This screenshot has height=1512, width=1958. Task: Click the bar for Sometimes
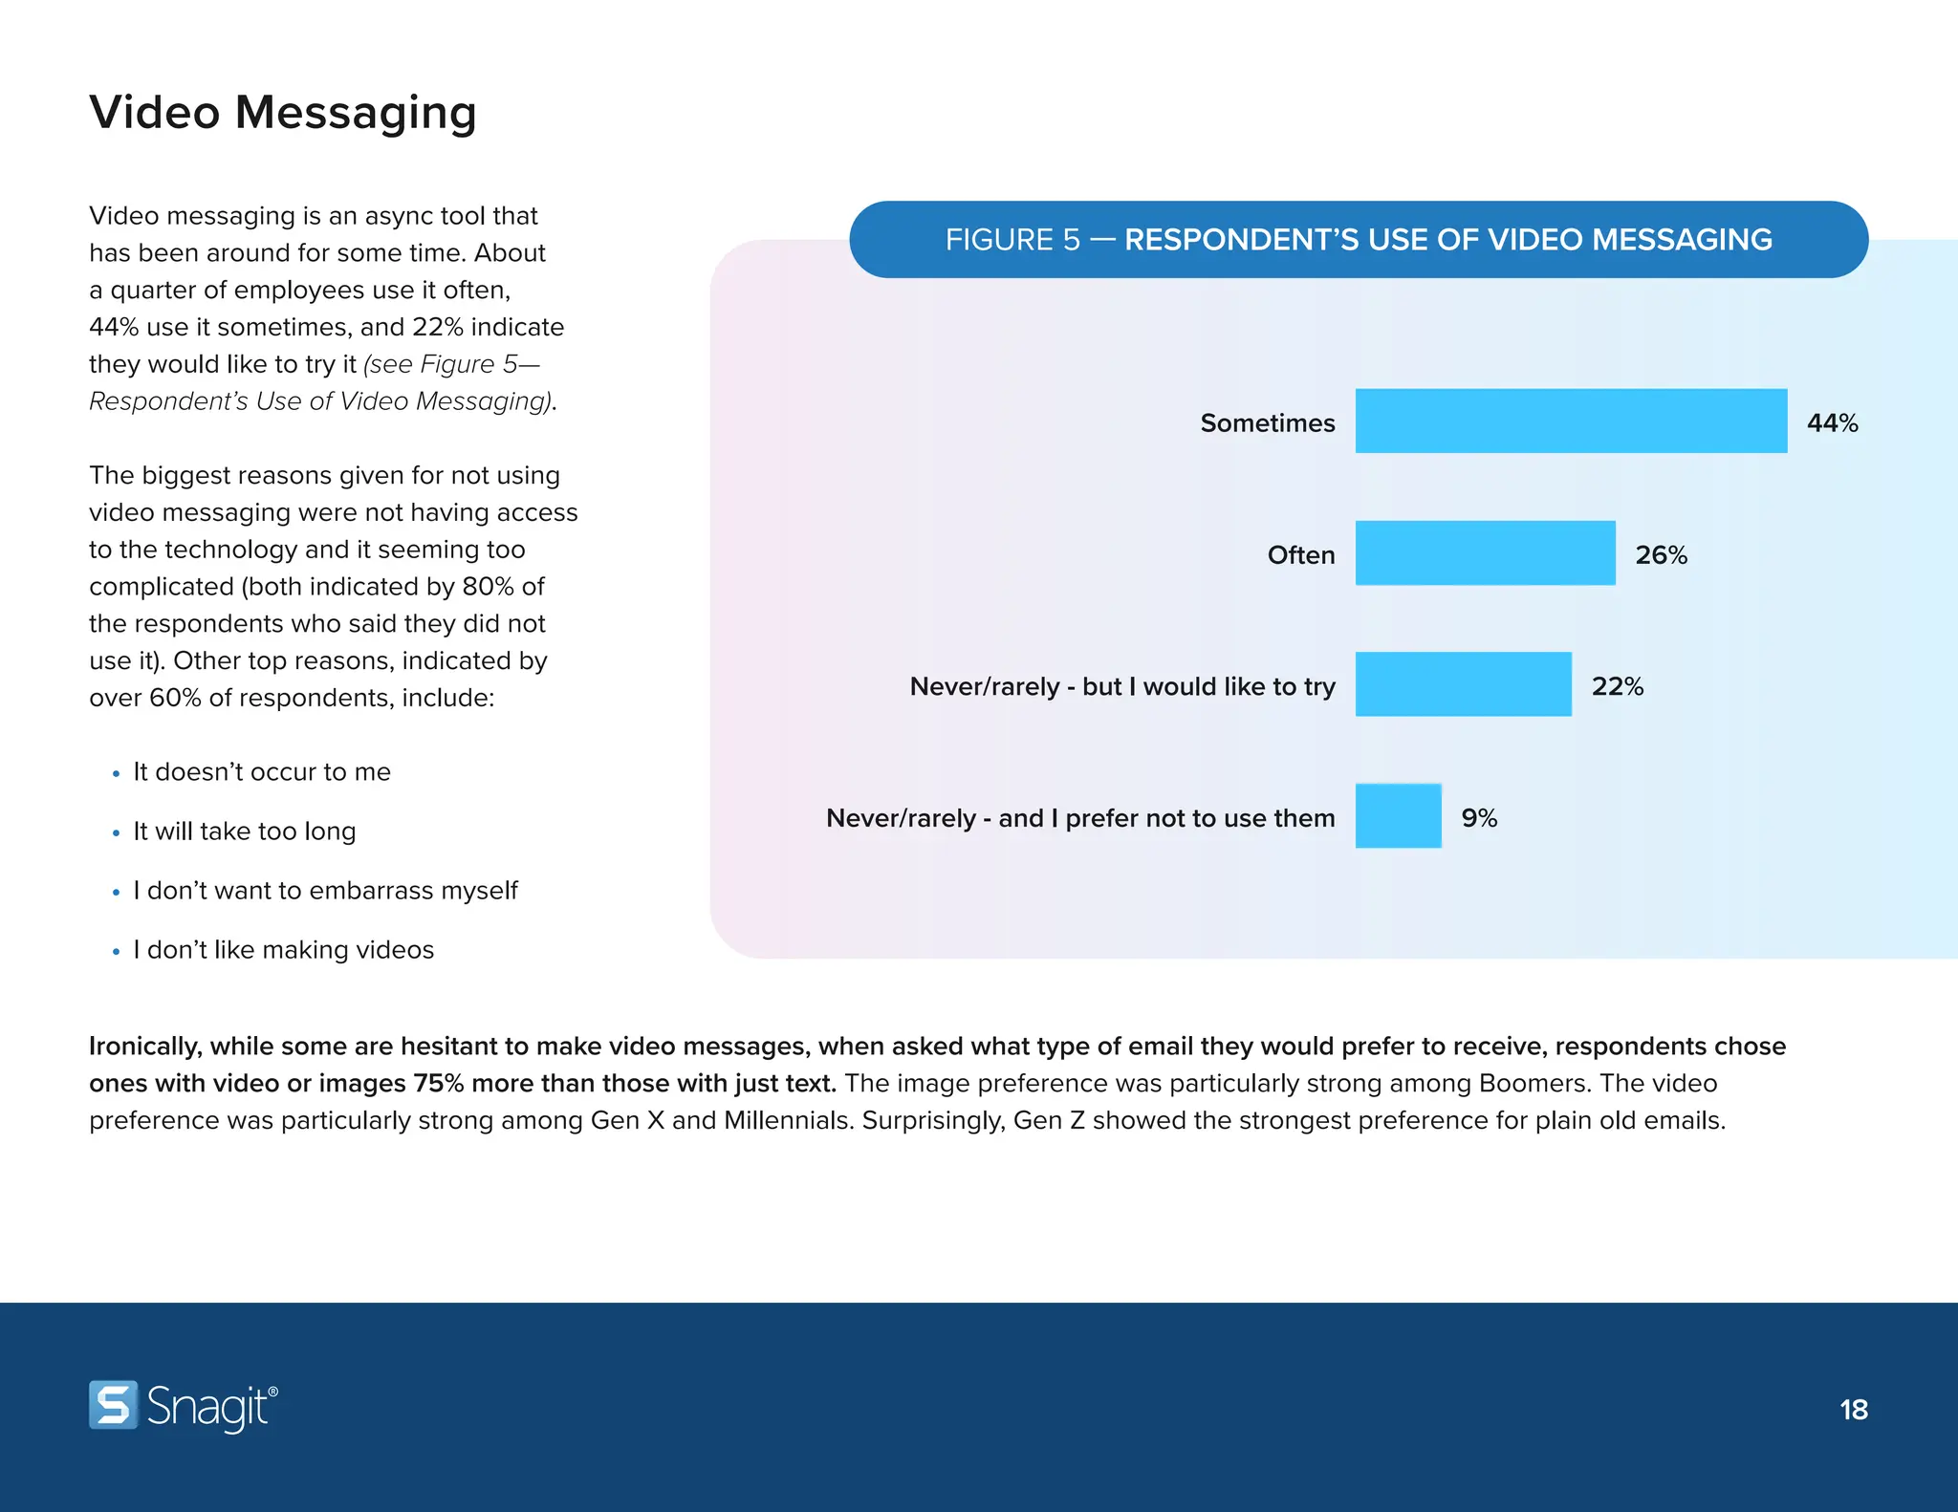pos(1570,421)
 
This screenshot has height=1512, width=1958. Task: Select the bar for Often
pos(1485,552)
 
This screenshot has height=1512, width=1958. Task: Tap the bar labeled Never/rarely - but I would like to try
pos(1463,684)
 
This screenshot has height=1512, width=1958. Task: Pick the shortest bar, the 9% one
pos(1398,816)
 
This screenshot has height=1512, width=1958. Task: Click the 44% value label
pos(1832,422)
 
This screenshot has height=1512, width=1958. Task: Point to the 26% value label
pos(1661,554)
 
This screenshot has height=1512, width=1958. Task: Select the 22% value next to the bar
pos(1617,686)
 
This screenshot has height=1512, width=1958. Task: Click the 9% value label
pos(1479,818)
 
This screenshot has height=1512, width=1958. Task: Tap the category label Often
pos(1300,554)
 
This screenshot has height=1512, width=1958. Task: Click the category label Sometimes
pos(1267,422)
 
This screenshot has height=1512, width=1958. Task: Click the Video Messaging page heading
pos(283,113)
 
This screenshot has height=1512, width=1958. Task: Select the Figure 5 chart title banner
pos(1358,239)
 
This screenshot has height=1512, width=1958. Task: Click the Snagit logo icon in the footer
pos(114,1405)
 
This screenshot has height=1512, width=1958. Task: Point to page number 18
pos(1853,1409)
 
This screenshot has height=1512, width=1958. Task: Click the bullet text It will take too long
pos(245,832)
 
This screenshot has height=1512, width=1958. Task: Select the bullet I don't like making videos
pos(283,950)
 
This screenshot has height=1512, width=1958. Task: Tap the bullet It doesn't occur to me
pos(262,772)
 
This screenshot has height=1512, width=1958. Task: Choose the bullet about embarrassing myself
pos(325,891)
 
